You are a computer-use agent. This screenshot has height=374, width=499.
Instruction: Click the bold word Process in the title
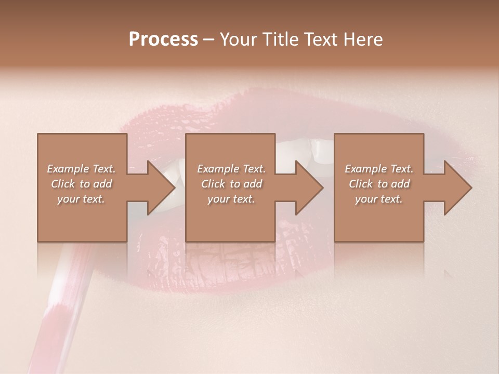pos(163,39)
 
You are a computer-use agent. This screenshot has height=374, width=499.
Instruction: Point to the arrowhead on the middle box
pos(306,188)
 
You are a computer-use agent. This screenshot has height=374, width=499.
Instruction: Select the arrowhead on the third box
pos(455,188)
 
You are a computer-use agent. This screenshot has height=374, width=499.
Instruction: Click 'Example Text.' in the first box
pos(81,169)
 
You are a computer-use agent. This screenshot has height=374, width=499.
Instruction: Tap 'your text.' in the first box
pos(81,199)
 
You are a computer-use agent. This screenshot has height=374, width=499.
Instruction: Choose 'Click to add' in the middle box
pos(231,184)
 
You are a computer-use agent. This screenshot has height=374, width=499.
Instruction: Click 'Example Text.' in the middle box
pos(231,169)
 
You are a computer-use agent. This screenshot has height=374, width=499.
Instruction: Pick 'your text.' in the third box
pos(379,199)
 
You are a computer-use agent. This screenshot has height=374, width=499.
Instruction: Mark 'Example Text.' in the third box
pos(379,169)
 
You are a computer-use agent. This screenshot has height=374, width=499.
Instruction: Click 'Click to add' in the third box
pos(379,184)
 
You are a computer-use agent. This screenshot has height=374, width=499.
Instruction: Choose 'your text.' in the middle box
pos(231,199)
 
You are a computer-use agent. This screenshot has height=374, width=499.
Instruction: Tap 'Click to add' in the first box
pos(81,184)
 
